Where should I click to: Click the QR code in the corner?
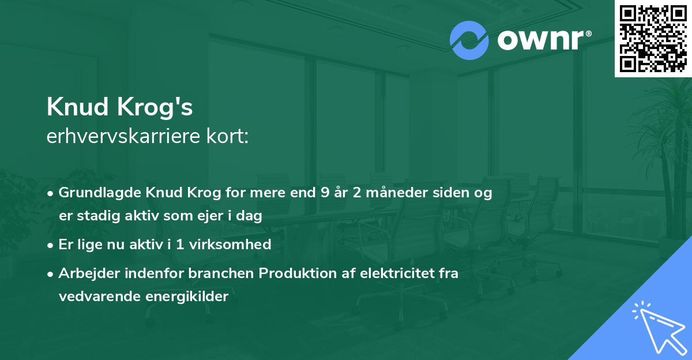(653, 38)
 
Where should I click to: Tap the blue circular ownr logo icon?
(469, 40)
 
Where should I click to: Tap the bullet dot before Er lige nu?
(51, 245)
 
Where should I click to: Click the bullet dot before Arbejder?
(51, 273)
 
